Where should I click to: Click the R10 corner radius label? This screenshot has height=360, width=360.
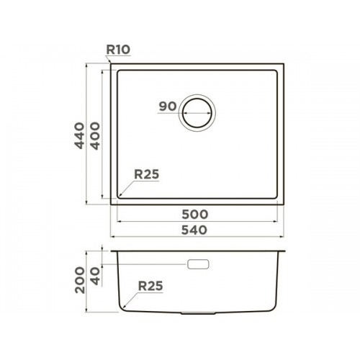click(x=118, y=50)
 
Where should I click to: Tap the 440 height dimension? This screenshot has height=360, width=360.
click(x=80, y=135)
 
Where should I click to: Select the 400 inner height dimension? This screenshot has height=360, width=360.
click(x=95, y=136)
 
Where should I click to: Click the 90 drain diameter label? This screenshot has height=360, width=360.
click(x=168, y=106)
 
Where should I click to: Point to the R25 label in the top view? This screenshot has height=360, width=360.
click(x=147, y=174)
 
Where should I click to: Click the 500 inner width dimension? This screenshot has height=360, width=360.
click(x=194, y=215)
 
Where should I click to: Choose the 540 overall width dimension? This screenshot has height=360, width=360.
click(x=194, y=230)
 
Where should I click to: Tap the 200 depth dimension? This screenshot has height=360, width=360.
click(x=80, y=280)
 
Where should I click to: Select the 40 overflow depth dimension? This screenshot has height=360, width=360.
click(x=95, y=276)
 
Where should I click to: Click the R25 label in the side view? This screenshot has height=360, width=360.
click(x=150, y=286)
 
